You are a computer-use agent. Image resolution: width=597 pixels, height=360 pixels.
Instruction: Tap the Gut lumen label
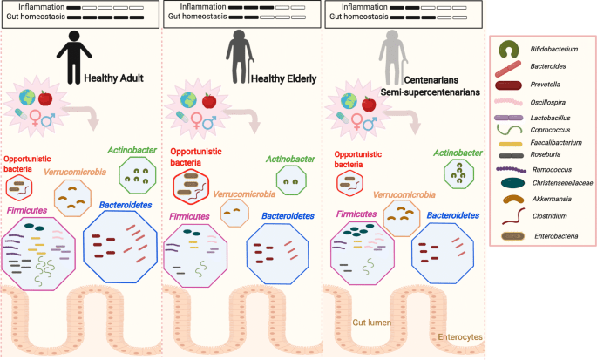coord(370,323)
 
